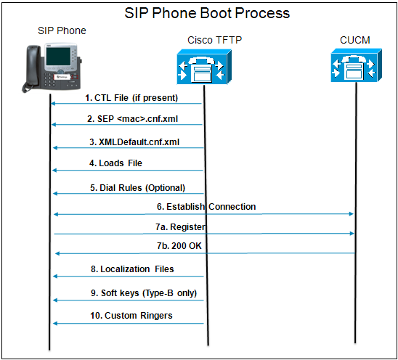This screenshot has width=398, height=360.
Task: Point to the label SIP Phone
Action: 62,30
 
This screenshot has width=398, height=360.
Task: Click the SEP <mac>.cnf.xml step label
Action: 133,118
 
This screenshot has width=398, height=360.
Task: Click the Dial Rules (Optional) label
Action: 137,187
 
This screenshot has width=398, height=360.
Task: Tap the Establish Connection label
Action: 206,207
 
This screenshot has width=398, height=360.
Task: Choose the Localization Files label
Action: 137,269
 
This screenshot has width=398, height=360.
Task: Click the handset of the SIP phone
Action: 34,68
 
